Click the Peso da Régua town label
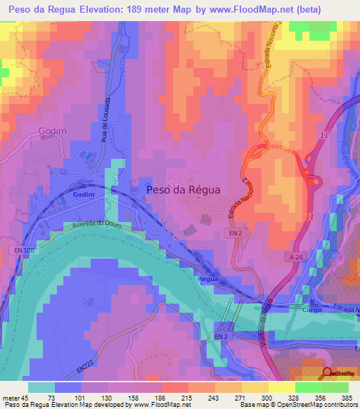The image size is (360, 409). pos(182,190)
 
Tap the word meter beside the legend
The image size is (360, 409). pos(9,397)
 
